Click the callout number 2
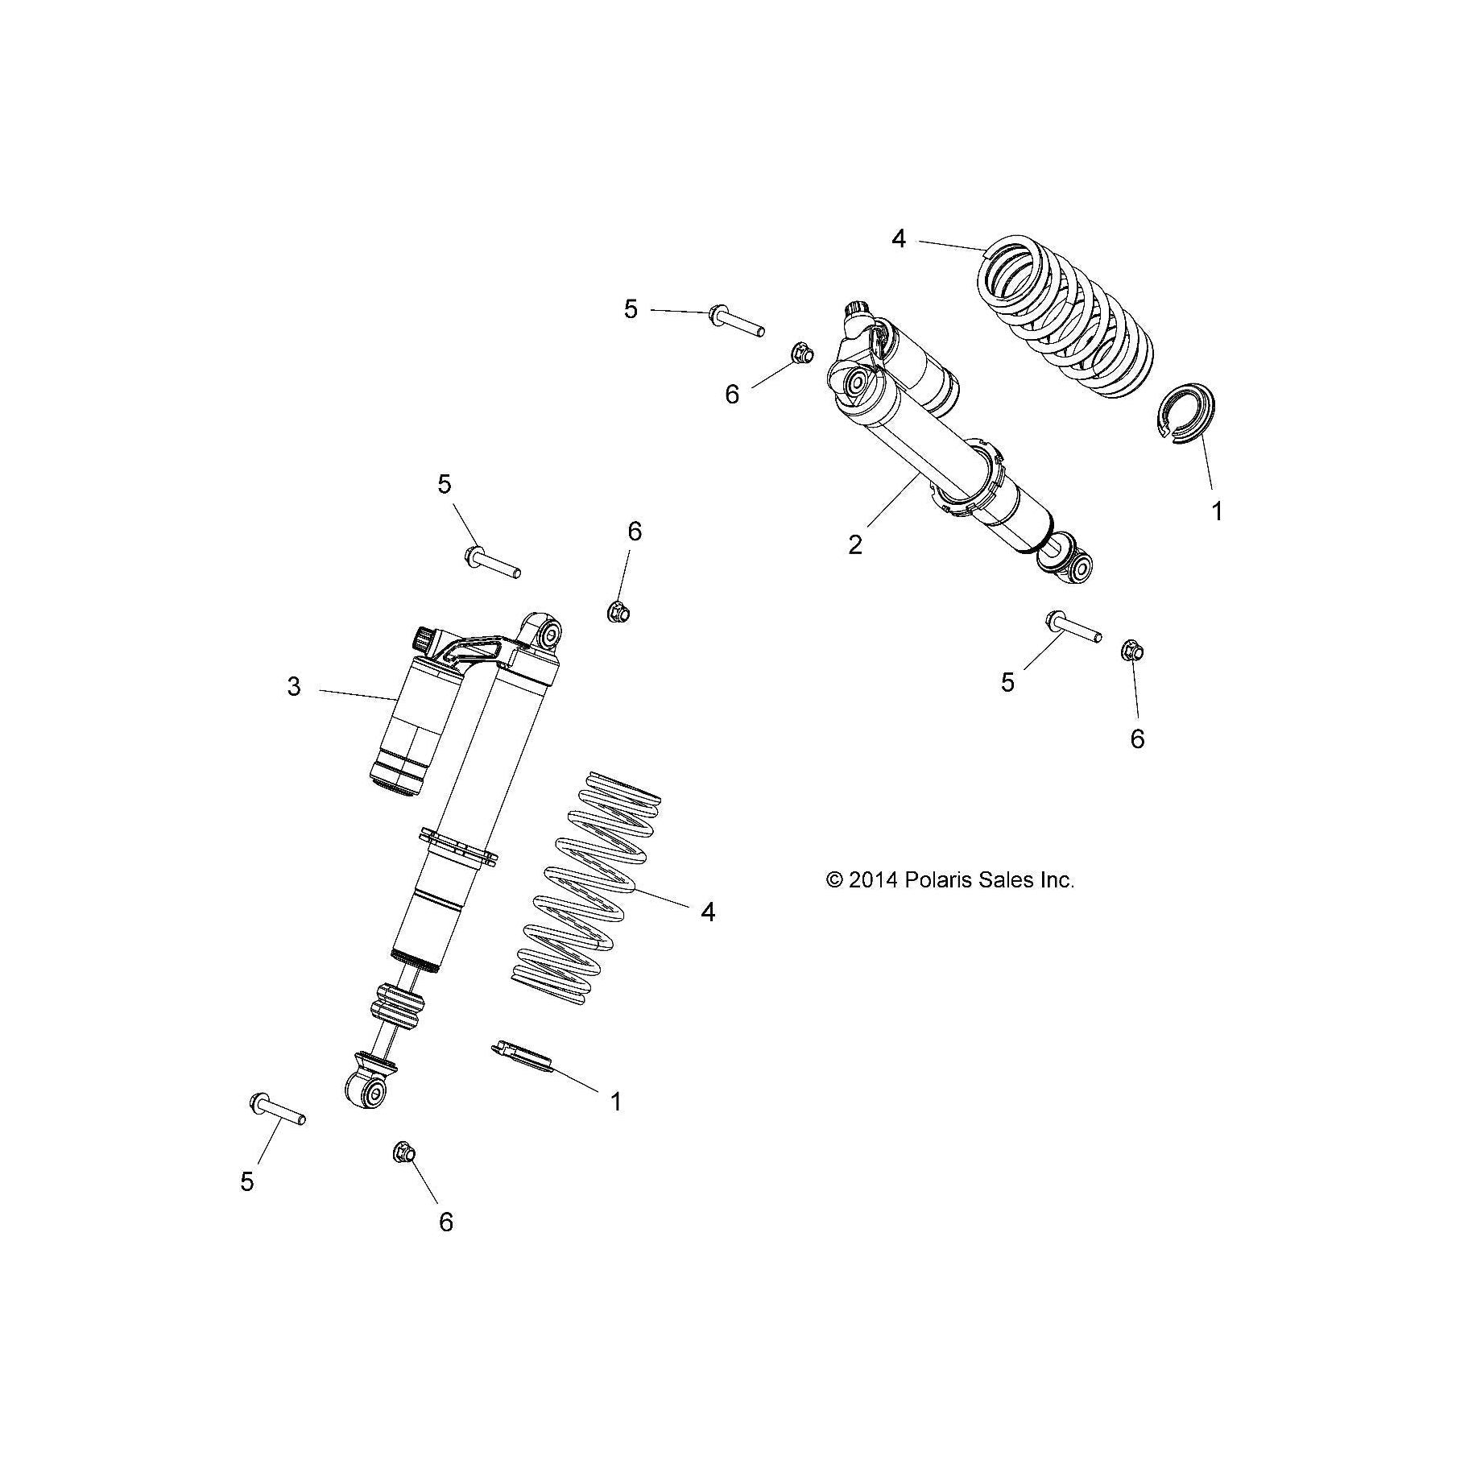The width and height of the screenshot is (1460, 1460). (x=855, y=545)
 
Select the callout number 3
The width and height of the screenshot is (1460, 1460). (x=294, y=687)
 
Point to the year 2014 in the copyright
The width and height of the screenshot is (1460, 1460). (x=873, y=880)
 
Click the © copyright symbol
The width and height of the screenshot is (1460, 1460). (x=835, y=880)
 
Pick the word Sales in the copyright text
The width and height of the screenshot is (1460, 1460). (x=1005, y=880)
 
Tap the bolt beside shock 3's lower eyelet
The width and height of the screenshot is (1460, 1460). (x=277, y=1109)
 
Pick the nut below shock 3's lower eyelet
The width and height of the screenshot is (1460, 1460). (x=403, y=1153)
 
